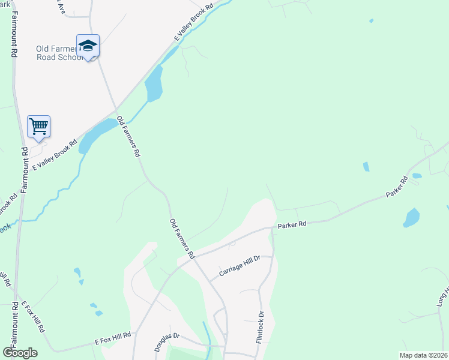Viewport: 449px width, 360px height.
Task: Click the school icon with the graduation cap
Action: pos(88,46)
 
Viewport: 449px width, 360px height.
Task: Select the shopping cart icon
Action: pos(38,127)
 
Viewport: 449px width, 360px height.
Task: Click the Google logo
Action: pos(20,353)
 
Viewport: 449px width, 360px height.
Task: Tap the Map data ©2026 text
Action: pos(424,355)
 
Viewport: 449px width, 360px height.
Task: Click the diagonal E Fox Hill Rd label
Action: pos(34,317)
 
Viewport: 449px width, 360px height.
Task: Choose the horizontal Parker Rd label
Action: pos(292,224)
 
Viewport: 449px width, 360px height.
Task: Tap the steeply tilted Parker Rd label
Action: pos(396,187)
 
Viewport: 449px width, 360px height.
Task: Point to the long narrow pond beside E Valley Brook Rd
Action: pos(154,84)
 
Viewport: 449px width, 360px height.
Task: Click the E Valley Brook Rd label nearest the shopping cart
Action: pos(55,155)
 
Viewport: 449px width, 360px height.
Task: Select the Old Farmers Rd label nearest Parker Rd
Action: pos(182,239)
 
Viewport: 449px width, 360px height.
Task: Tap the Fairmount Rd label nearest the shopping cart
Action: pos(23,170)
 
